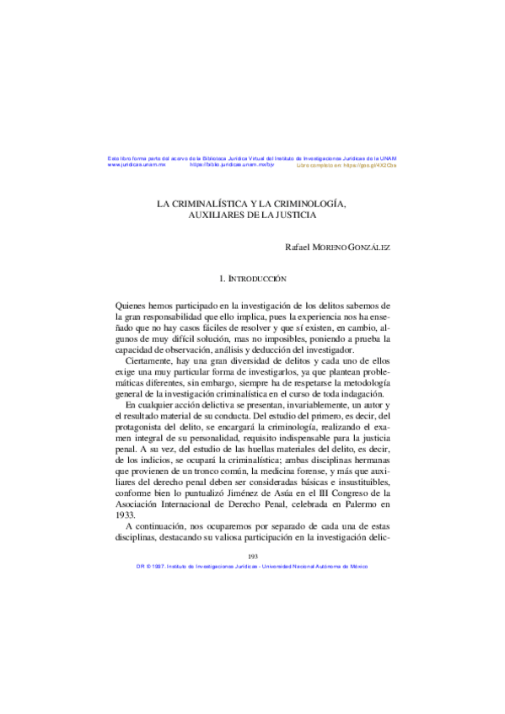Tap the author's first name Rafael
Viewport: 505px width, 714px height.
tap(300, 247)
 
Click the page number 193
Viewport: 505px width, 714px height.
tap(252, 557)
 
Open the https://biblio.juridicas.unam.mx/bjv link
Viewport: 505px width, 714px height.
tap(233, 165)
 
